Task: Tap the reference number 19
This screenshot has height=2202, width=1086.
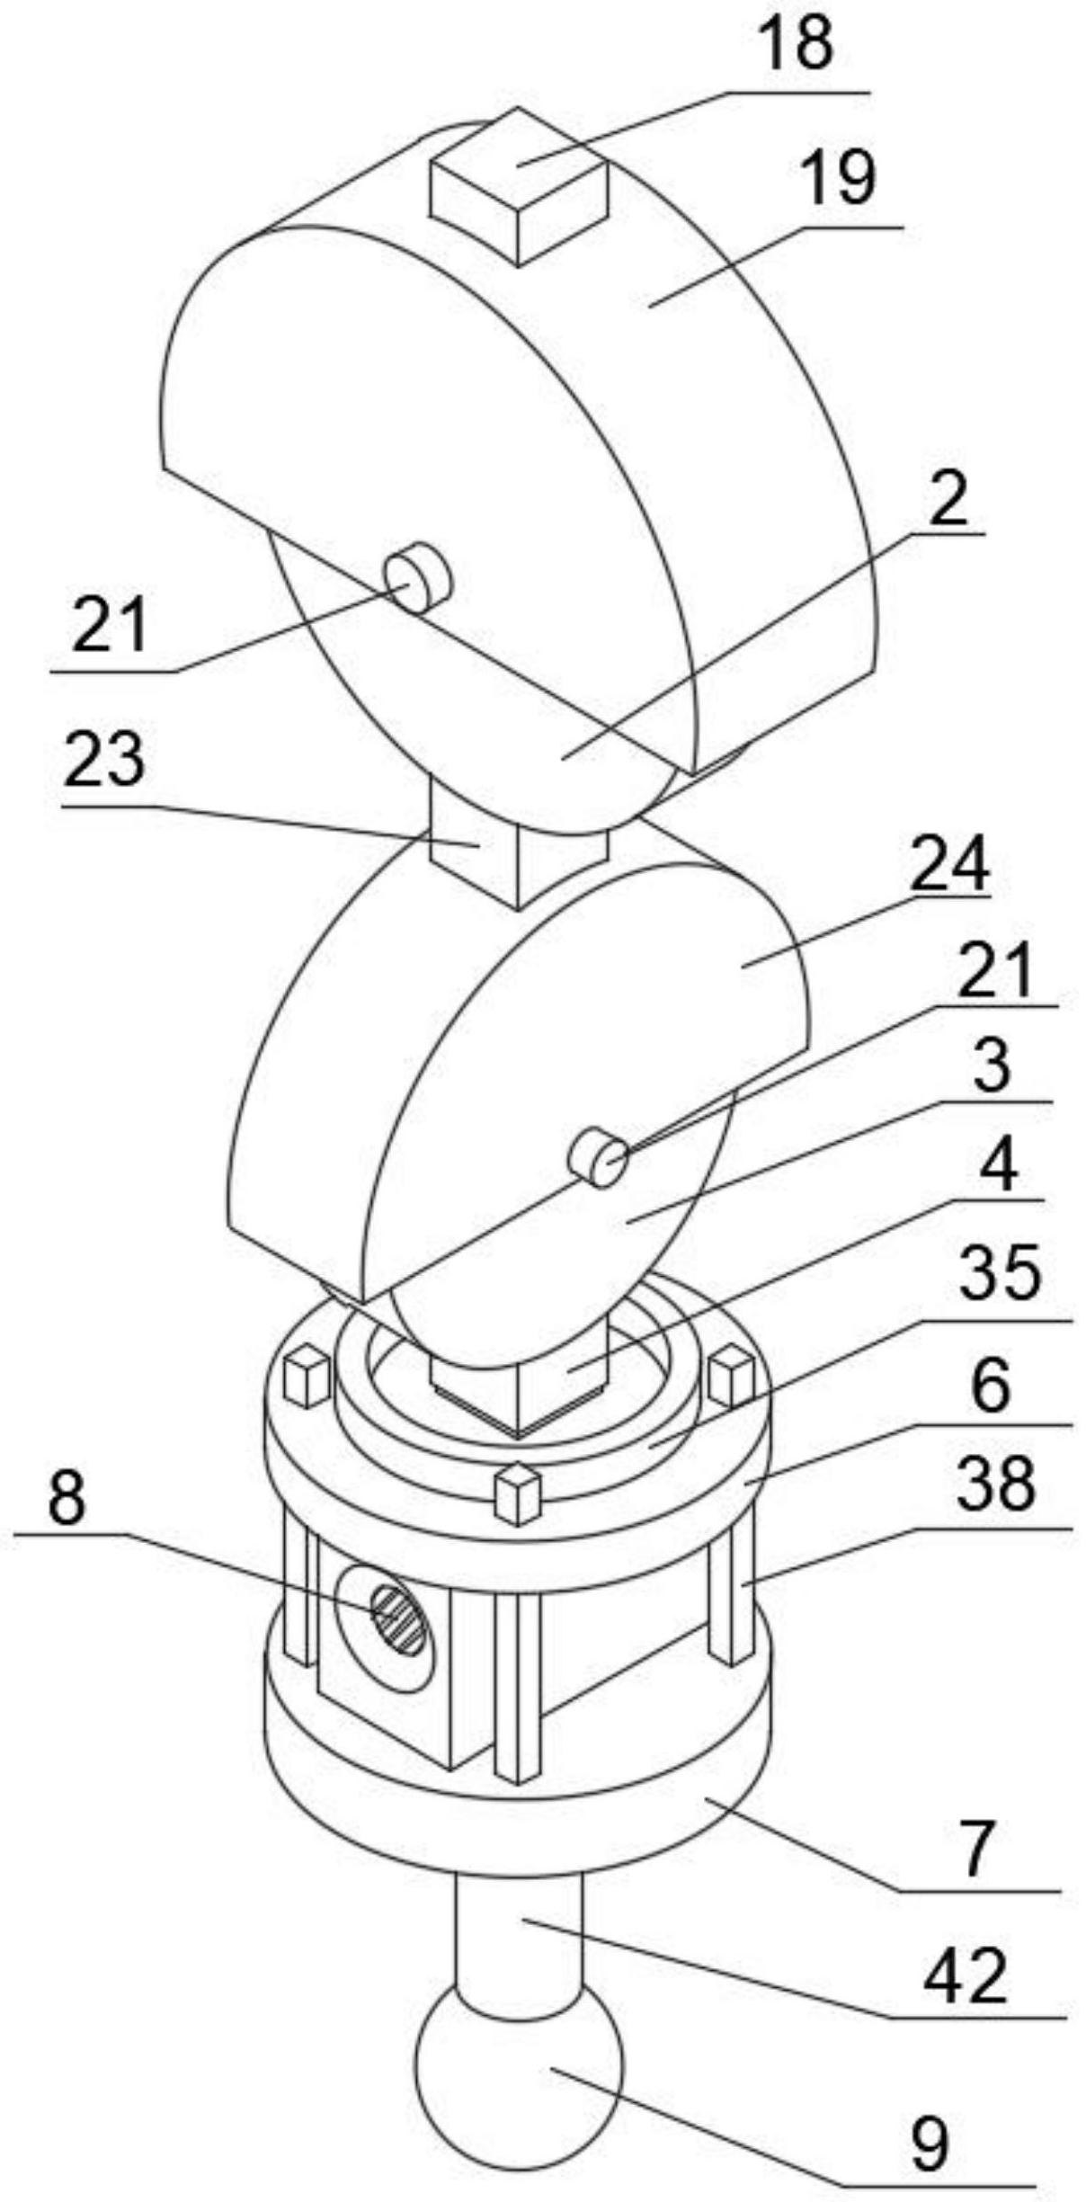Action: click(837, 178)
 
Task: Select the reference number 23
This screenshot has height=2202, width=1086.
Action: click(104, 760)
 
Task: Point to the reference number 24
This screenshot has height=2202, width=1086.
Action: click(949, 864)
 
